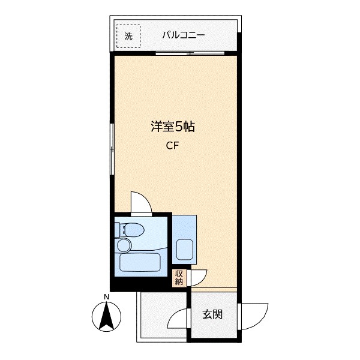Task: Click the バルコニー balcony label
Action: (184, 35)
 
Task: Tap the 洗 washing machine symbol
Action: (128, 36)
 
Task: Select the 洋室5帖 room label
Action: (173, 127)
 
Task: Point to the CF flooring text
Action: (172, 146)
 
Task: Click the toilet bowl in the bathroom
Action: (134, 230)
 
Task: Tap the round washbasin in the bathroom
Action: (124, 245)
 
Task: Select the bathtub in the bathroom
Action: (140, 262)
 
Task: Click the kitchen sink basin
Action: (184, 250)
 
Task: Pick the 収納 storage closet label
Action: (179, 278)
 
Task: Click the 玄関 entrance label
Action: (212, 314)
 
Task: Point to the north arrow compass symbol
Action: (106, 317)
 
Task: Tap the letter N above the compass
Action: (106, 296)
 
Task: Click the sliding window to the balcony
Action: (190, 53)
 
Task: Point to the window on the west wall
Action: (112, 149)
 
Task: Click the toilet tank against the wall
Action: (118, 230)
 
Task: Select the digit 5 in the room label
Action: (179, 127)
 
